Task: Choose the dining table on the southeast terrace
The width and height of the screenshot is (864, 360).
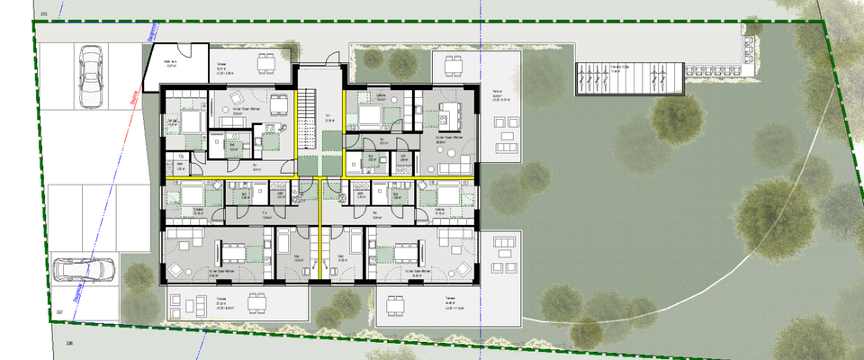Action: (x=393, y=305)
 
